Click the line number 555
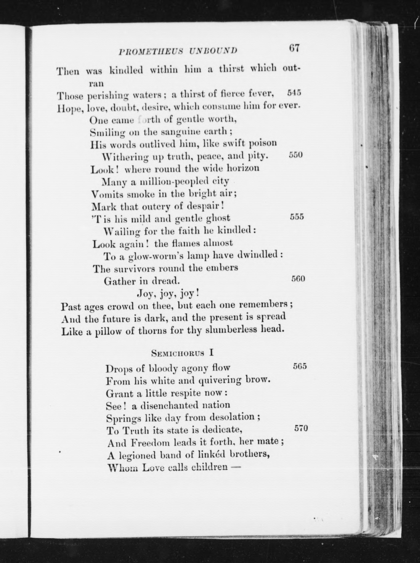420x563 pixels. [297, 217]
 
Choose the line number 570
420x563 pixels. [301, 428]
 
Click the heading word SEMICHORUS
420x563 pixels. [178, 353]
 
